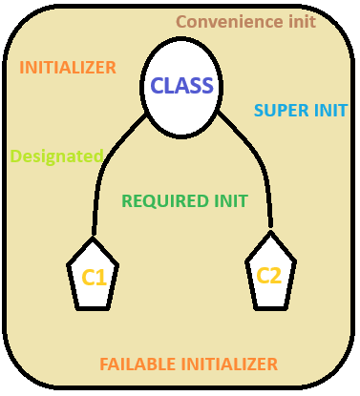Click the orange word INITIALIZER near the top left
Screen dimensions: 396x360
click(68, 68)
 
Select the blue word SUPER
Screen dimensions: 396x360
click(279, 110)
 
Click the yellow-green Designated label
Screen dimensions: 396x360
click(56, 155)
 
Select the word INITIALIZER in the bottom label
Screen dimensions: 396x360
click(230, 364)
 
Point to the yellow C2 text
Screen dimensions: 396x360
click(269, 276)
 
